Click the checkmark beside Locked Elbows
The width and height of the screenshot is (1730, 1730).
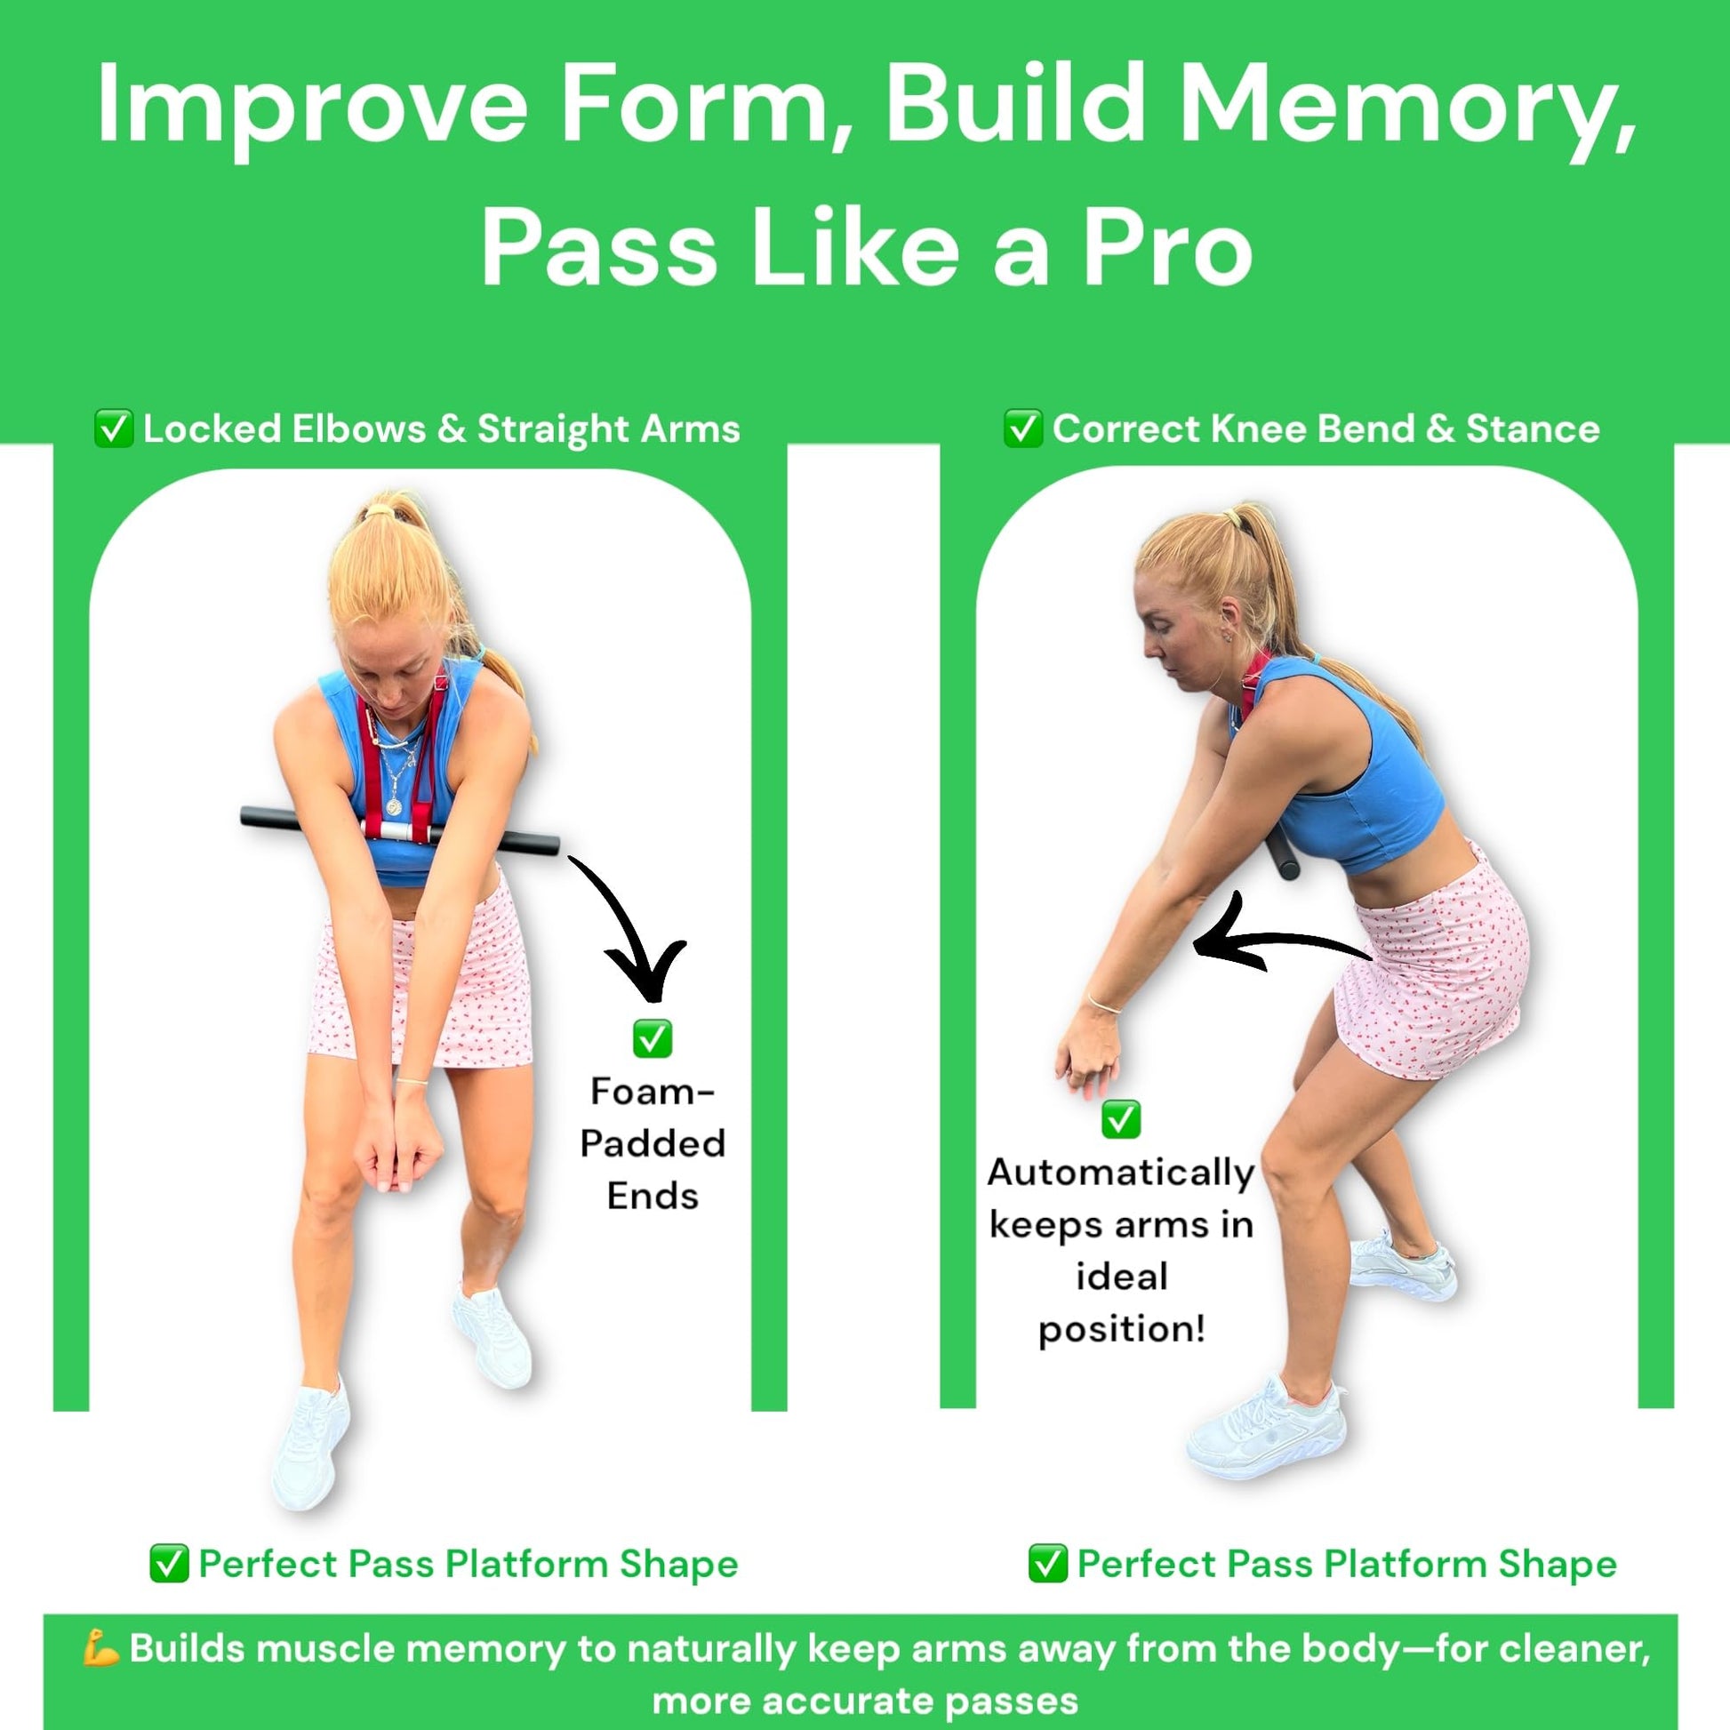tap(114, 428)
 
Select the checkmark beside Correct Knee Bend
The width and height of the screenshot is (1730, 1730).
tap(1022, 428)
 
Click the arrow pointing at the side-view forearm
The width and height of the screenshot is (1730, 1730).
tap(1280, 941)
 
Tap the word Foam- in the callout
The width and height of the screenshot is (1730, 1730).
tap(653, 1092)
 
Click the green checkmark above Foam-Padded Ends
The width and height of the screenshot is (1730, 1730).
tap(652, 1039)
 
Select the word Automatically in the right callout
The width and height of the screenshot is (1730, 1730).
tap(1121, 1173)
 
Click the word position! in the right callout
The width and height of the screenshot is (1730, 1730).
tap(1122, 1329)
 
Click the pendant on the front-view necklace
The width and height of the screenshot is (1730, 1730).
tap(393, 805)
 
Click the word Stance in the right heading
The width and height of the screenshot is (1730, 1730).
tap(1533, 428)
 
